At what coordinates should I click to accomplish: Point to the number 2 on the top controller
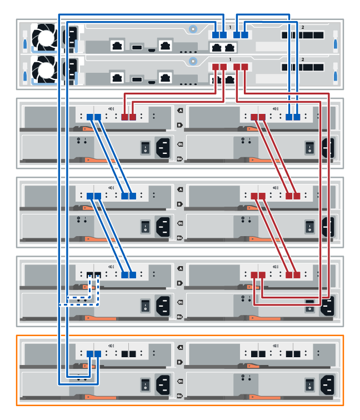302,27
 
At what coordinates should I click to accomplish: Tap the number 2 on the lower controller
302,58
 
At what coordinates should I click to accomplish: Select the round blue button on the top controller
192,28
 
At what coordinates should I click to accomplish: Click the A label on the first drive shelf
179,111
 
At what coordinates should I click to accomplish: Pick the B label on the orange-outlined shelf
179,362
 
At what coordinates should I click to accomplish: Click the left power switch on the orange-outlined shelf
144,383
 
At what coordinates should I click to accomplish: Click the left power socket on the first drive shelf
163,147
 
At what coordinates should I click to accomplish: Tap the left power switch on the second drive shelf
144,226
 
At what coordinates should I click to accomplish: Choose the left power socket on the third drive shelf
163,304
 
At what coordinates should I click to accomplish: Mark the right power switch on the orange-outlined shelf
310,383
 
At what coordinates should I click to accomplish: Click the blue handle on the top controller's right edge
335,42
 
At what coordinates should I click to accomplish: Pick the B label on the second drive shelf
179,204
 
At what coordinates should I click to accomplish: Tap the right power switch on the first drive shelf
310,147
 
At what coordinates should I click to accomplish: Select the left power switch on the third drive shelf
144,304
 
